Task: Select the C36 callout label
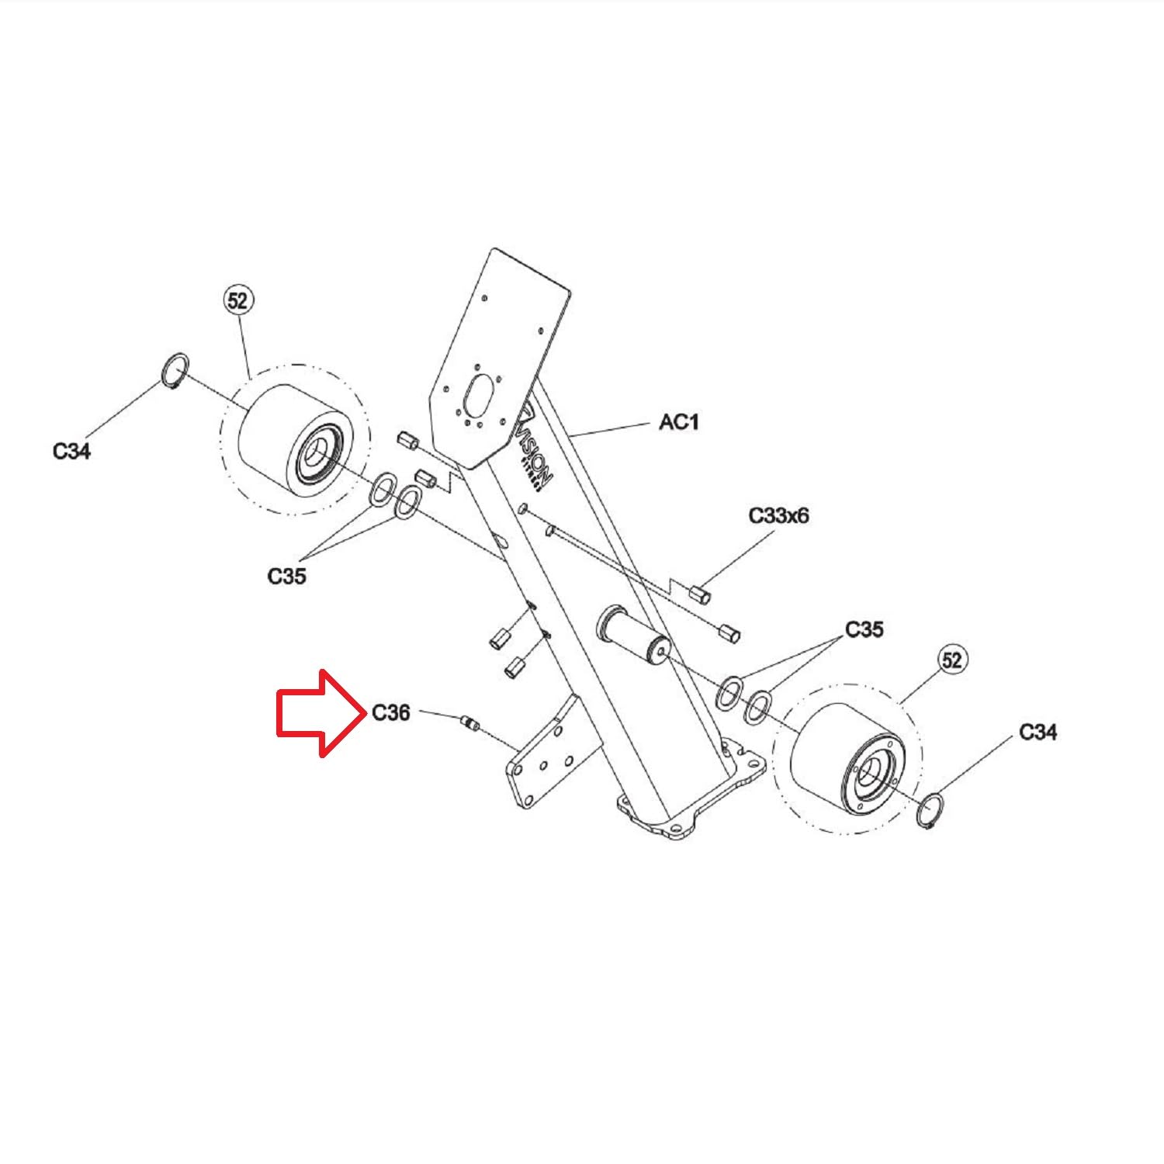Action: [390, 712]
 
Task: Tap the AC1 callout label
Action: [679, 422]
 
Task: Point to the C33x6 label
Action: [778, 516]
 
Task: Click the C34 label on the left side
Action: [71, 451]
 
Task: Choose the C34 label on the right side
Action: [1038, 732]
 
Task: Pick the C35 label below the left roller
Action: [286, 576]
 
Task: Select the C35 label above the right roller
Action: [864, 629]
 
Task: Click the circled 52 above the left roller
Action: [237, 300]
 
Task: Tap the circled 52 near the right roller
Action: [951, 660]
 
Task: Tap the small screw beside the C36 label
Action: [468, 723]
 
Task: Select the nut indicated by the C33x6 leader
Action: [701, 593]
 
